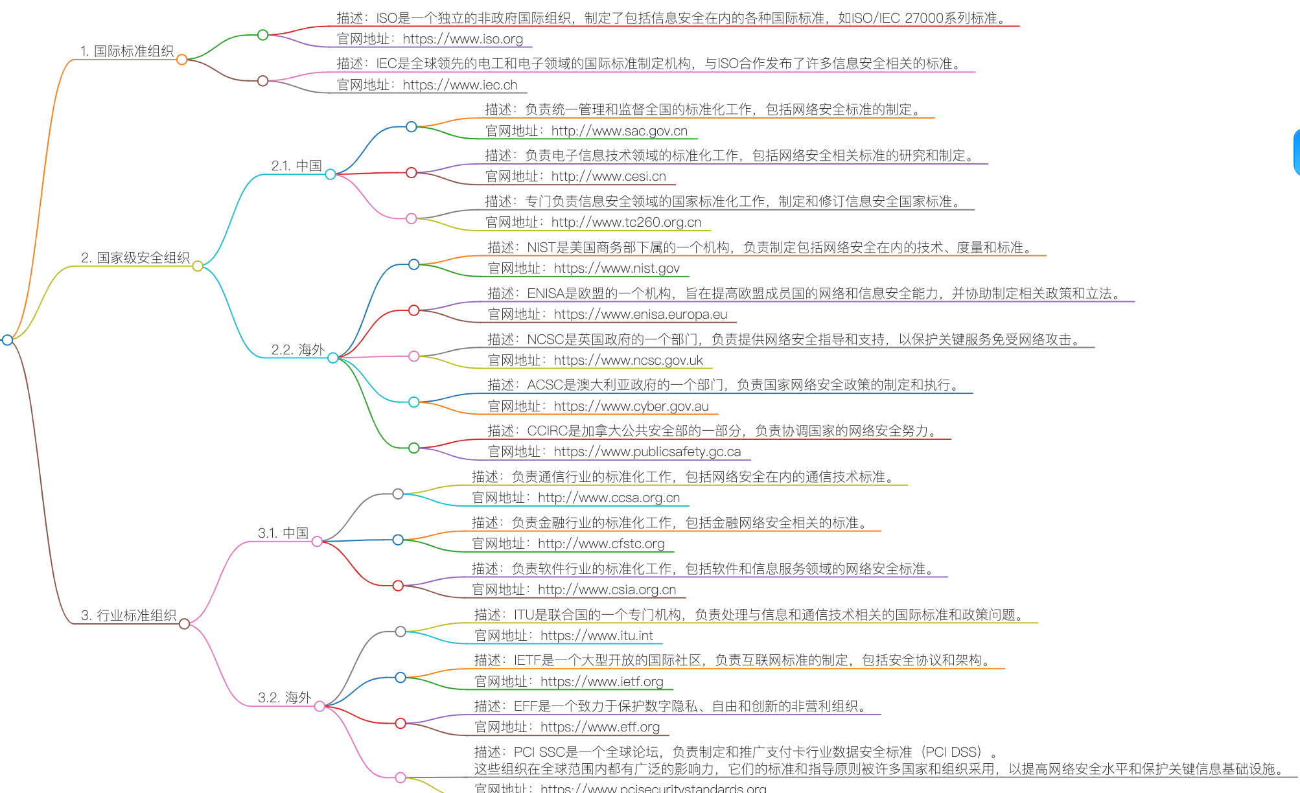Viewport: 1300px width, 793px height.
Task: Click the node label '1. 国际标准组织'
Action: (127, 51)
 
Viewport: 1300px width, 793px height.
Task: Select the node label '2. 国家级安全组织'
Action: (135, 258)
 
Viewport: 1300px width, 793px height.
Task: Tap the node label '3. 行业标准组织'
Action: (129, 615)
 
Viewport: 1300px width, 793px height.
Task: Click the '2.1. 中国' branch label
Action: (297, 166)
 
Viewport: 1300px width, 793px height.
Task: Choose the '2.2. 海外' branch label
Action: (298, 350)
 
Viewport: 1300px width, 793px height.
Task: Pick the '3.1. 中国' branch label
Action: (283, 533)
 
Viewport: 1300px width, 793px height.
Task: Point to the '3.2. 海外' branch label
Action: (284, 698)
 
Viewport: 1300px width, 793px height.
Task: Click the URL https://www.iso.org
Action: (463, 39)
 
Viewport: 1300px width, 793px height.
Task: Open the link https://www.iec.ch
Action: (459, 85)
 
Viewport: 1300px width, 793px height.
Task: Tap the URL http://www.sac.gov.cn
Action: (619, 131)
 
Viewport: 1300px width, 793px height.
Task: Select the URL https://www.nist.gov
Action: (616, 268)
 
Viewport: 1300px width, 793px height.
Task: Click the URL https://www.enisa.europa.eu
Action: (640, 314)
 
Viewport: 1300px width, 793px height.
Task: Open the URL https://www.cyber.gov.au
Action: (631, 406)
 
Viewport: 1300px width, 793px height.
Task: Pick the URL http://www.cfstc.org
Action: (601, 544)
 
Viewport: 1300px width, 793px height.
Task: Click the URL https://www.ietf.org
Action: (601, 682)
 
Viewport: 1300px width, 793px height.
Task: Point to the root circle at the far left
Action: (8, 339)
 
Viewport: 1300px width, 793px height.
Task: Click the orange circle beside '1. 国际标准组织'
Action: (182, 60)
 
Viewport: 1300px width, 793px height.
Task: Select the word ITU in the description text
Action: (524, 615)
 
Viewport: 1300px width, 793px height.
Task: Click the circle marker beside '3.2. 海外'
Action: (319, 706)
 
